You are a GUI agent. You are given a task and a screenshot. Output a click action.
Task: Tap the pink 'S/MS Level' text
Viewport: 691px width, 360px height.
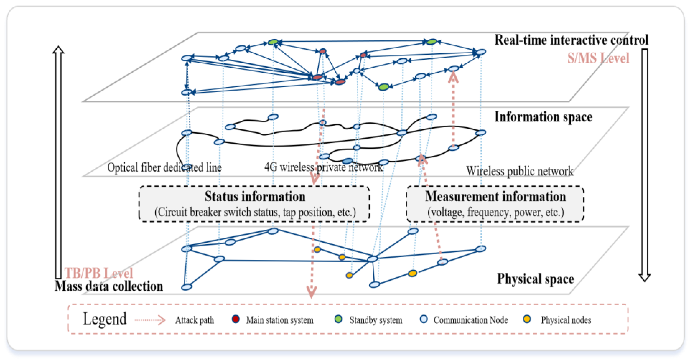coord(598,58)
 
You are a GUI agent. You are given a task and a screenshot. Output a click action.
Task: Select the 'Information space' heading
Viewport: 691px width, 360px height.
coord(543,117)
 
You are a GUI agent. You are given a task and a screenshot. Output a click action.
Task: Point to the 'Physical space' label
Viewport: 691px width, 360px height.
coord(535,279)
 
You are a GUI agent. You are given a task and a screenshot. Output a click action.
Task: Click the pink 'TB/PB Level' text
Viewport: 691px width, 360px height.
coord(99,273)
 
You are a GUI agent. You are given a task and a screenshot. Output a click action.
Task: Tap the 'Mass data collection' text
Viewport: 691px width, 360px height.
coord(109,286)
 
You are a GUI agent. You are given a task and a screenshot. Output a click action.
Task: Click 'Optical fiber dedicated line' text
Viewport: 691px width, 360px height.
coord(164,168)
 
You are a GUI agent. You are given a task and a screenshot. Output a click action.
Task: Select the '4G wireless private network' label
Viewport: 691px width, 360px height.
coord(323,167)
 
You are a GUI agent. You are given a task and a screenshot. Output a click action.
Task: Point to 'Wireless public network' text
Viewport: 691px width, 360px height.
coord(519,171)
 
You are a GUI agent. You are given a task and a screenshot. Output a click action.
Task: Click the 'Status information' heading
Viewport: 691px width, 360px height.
coord(255,196)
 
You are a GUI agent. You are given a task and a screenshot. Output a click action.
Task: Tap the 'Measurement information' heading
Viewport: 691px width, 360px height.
coord(495,196)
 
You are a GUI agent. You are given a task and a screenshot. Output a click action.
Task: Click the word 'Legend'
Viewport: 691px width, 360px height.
coord(104,319)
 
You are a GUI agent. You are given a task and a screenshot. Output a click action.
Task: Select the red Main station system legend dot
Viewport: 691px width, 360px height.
coord(236,319)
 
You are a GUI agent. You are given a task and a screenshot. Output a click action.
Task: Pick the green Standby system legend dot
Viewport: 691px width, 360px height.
coord(338,319)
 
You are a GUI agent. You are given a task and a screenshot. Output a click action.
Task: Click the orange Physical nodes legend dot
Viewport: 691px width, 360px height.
coord(527,319)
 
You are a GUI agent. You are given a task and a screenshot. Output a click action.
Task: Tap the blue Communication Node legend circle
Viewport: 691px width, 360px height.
coord(424,319)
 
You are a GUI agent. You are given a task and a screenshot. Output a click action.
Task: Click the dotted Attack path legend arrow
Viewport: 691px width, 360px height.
coord(150,320)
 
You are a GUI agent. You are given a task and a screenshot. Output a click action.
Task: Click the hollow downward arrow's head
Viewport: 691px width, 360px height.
coord(644,278)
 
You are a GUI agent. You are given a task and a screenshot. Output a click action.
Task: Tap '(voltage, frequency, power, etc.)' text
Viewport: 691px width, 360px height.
coord(495,212)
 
